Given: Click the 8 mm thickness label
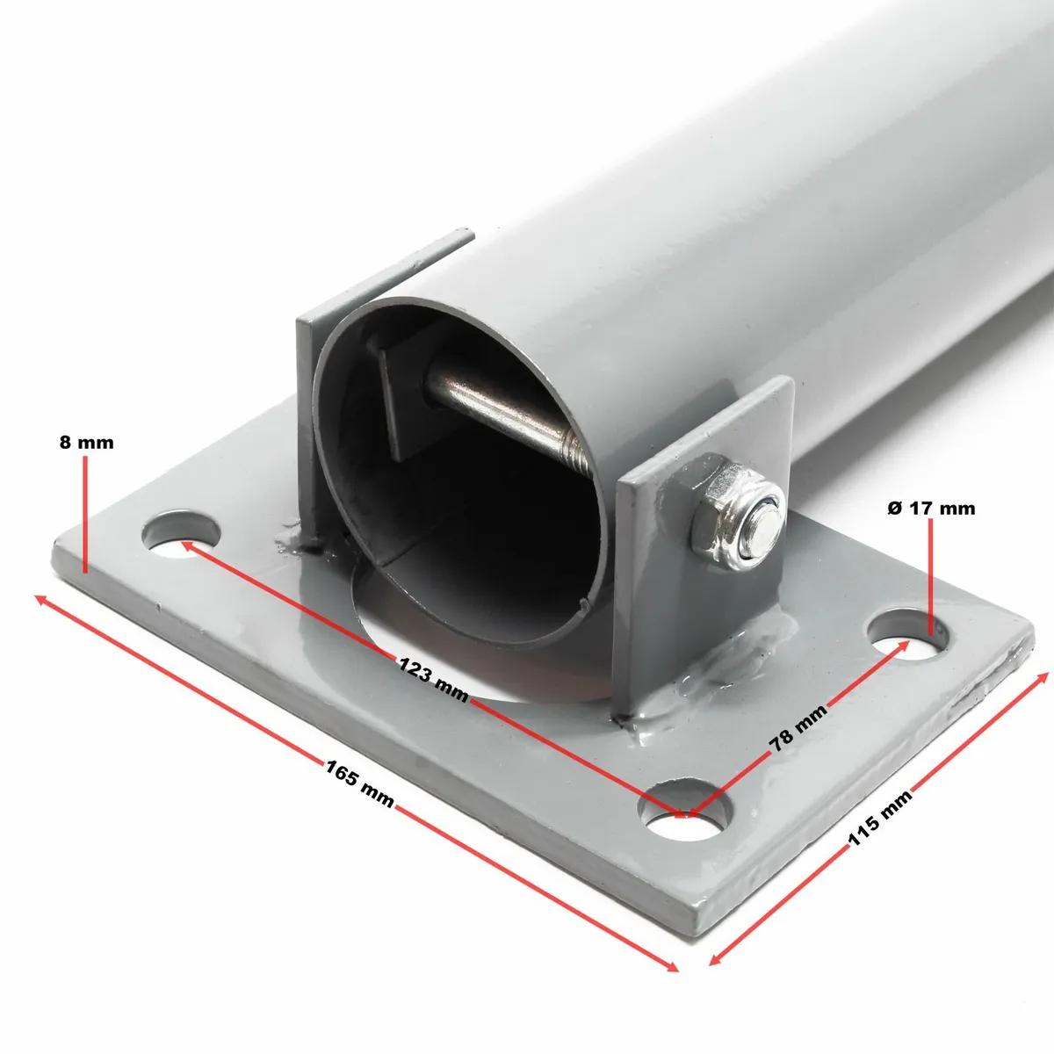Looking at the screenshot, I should tap(86, 442).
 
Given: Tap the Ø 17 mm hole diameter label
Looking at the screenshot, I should tap(930, 508).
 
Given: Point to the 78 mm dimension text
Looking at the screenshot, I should tap(798, 727).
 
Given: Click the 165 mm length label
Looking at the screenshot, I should tap(359, 783).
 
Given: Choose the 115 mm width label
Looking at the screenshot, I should tap(880, 817).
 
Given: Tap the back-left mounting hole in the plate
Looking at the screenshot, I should tap(183, 532).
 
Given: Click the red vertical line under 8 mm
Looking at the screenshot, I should tap(86, 514).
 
